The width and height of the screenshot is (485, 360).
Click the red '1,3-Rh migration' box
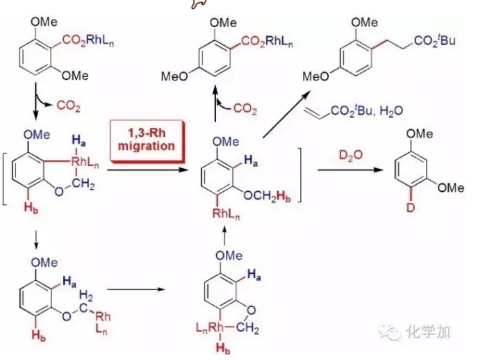tap(147, 139)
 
